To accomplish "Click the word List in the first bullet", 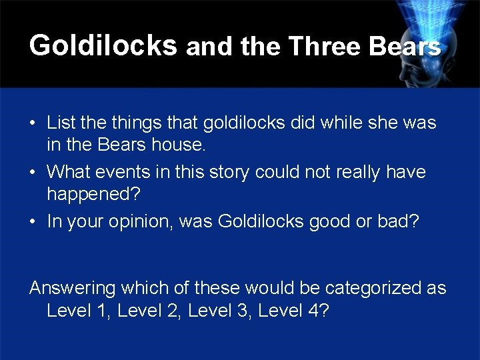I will tap(61, 123).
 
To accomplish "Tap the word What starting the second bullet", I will tap(69, 172).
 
